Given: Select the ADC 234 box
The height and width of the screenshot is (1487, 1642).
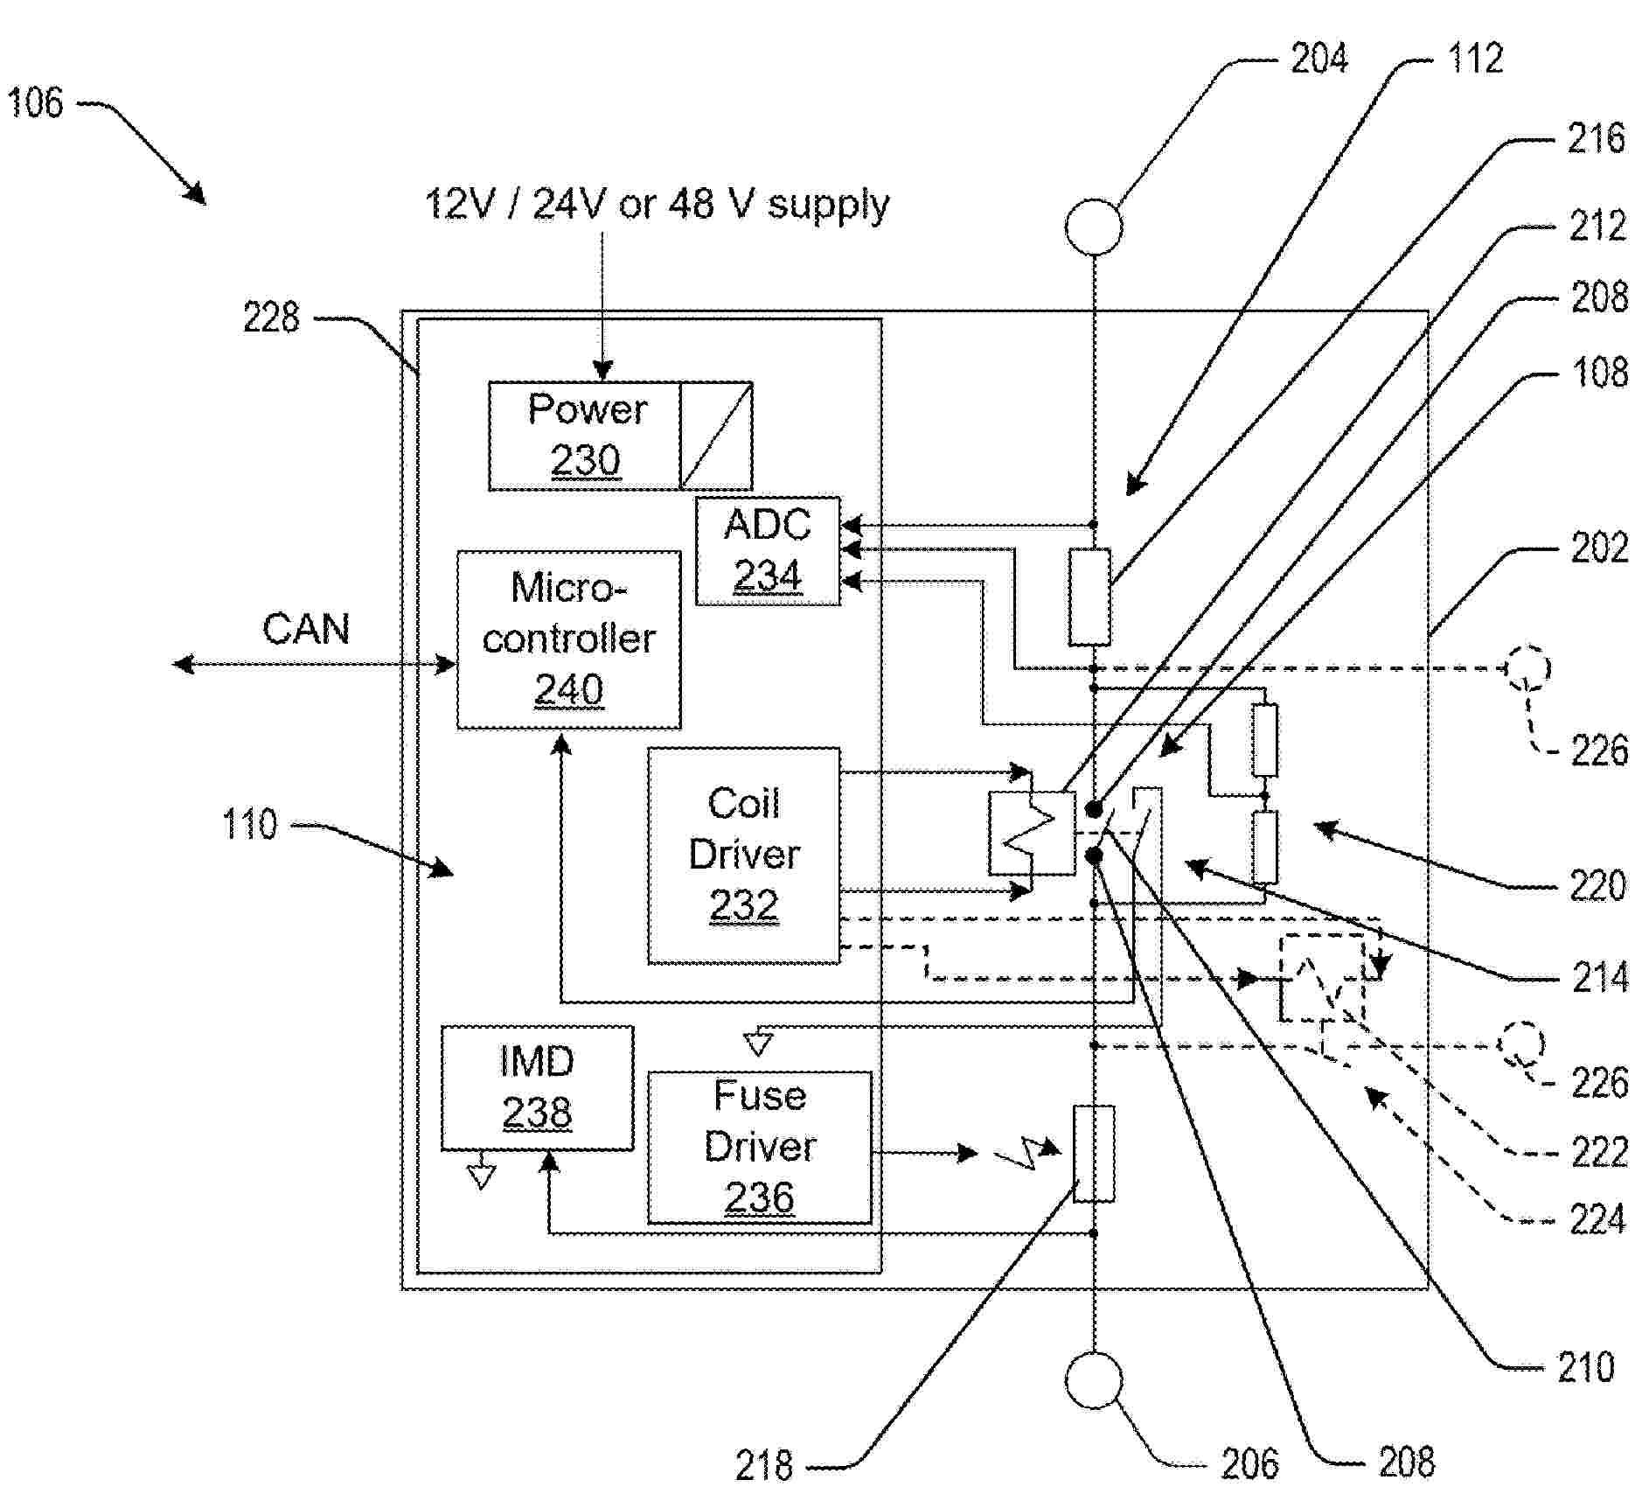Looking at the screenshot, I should click(767, 551).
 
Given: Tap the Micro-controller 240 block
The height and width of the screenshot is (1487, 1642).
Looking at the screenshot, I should click(568, 639).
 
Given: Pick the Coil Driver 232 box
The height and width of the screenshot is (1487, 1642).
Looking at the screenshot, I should click(743, 855).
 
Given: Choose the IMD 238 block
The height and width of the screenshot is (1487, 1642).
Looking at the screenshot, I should click(536, 1087).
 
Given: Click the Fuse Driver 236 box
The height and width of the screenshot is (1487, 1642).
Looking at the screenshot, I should click(759, 1147).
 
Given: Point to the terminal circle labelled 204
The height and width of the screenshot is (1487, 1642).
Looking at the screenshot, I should click(1093, 227).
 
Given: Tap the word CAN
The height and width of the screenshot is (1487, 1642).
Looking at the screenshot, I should click(306, 630).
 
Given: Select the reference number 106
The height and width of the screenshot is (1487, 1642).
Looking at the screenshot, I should click(35, 103).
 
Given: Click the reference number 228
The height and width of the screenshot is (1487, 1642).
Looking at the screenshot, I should click(271, 318).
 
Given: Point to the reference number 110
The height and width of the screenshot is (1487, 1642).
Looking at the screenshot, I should click(249, 825).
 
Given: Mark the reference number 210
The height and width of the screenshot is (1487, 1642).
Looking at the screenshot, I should click(1585, 1367).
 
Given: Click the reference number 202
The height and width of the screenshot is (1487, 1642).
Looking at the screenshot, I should click(1599, 548).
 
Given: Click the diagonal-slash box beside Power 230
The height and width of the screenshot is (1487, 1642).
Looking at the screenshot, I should click(716, 436).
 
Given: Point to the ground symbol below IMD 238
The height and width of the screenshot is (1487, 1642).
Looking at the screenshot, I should click(481, 1176).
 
